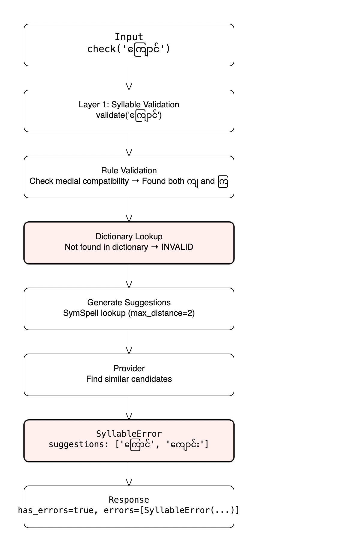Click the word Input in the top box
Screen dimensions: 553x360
click(129, 37)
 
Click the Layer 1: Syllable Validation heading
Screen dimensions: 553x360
click(129, 105)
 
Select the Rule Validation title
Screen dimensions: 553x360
click(129, 171)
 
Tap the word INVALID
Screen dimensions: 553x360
click(177, 247)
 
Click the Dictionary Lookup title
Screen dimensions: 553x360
click(129, 237)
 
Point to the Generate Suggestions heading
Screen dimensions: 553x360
click(129, 303)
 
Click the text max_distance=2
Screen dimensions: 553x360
click(161, 313)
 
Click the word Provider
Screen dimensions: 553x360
click(129, 369)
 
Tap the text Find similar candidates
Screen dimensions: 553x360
click(129, 379)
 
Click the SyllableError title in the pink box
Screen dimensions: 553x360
click(129, 434)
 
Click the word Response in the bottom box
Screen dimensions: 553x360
click(129, 500)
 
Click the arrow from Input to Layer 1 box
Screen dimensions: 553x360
click(129, 78)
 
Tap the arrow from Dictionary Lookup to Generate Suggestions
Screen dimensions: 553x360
click(129, 276)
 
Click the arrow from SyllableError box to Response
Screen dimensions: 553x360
click(129, 474)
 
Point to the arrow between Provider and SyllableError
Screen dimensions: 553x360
click(129, 408)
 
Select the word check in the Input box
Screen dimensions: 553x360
click(101, 49)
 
